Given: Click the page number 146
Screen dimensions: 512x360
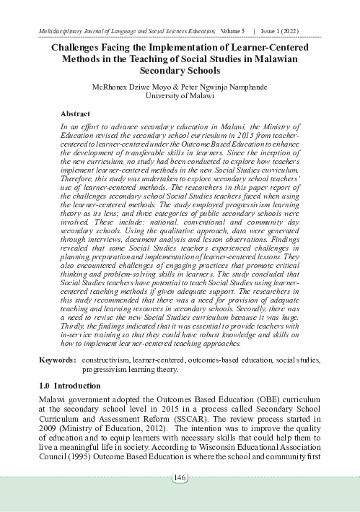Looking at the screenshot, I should coord(180,477).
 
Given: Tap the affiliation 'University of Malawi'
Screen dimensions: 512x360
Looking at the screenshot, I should coord(180,96).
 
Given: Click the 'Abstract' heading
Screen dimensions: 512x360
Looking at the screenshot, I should coord(75,114).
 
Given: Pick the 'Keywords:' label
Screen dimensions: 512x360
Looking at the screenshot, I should coord(56,359).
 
